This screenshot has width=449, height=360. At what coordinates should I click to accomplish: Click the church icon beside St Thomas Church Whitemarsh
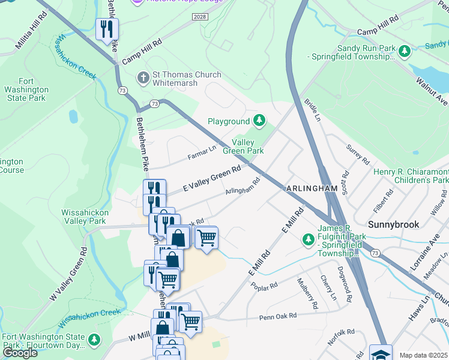(x=143, y=78)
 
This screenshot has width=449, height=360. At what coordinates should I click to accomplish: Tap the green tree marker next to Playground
(x=259, y=121)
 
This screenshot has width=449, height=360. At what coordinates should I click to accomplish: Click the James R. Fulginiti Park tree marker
(x=309, y=239)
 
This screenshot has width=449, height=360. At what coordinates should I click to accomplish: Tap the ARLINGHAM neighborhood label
(x=312, y=188)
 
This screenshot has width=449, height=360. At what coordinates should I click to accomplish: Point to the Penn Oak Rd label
(x=278, y=316)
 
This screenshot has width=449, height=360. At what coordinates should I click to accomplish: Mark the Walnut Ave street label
(x=433, y=89)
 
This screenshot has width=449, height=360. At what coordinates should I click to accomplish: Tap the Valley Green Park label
(x=243, y=146)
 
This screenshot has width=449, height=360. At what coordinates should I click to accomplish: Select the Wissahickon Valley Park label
(x=83, y=217)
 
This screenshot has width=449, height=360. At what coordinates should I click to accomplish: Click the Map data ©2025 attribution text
(x=423, y=355)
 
